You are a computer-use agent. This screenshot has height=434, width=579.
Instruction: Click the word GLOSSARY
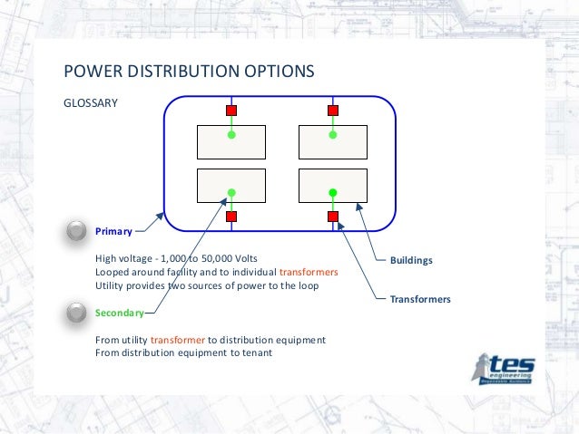point(90,102)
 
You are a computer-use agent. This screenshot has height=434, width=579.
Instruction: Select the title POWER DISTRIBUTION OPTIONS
point(188,71)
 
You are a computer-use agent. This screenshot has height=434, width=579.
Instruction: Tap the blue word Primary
point(114,231)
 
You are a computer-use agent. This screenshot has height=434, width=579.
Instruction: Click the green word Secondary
point(120,313)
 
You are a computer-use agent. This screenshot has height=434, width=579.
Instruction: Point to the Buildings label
point(411,261)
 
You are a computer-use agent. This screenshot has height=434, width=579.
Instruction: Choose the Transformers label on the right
point(420,298)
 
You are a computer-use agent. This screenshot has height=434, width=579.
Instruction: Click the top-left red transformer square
point(231,111)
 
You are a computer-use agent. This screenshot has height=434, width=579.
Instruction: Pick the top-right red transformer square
point(333,111)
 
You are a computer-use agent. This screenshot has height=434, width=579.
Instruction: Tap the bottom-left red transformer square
point(231,217)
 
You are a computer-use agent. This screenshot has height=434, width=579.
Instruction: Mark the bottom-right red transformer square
point(333,217)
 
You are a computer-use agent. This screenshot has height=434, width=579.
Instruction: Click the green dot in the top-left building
point(231,135)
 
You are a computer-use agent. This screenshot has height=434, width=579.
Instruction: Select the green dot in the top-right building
point(333,135)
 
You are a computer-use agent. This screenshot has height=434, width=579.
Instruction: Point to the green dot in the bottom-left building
point(231,192)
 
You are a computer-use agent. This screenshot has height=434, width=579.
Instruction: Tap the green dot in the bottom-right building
point(333,192)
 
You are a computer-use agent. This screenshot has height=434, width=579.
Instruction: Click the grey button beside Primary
point(78,231)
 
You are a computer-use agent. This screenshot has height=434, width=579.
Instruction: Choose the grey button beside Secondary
point(78,313)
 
